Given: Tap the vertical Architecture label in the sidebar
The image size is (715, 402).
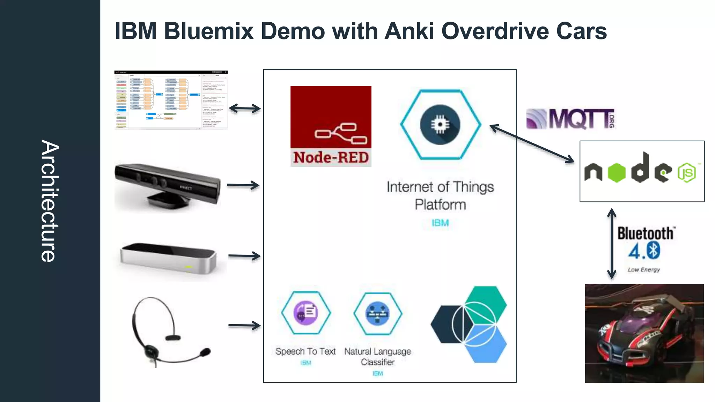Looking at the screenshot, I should point(49,201).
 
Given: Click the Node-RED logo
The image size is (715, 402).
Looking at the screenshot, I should point(331,126).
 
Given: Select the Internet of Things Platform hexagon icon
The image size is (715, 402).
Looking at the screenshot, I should point(440,125).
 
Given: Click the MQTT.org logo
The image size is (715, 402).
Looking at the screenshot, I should point(570,119).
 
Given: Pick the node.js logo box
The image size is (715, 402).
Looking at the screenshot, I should point(642,171).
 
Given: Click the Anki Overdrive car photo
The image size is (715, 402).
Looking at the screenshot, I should point(644,333).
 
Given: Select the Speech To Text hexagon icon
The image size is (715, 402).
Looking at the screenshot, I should point(305,313).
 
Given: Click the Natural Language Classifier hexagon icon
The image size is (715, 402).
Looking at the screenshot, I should point(377,313).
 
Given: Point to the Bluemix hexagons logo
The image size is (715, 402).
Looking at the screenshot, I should point(469,325).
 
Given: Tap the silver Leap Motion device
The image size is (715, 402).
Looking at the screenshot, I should point(168,258).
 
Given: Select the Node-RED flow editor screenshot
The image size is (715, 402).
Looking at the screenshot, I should point(171,100).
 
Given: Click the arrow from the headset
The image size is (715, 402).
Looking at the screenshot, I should point(244,325).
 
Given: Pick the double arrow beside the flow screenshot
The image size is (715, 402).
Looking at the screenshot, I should point(244,109).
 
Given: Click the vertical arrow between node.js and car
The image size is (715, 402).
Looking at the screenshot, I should point(611,244).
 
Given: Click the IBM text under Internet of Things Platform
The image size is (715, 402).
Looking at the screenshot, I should point(440,223).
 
